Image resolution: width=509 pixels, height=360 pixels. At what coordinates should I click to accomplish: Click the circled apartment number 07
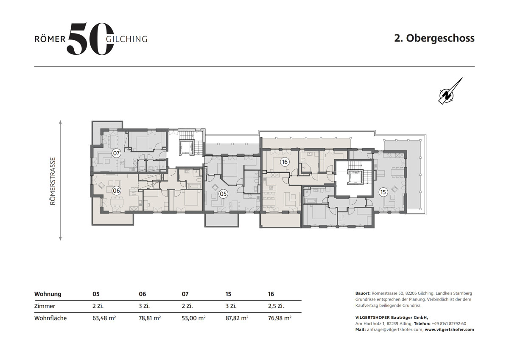[x=116, y=153]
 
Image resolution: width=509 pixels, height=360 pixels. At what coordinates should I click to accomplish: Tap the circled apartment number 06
[x=116, y=191]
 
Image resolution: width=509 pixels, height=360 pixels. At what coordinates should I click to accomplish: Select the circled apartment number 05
[x=224, y=194]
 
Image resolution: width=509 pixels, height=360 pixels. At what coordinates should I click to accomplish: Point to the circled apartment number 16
[x=285, y=162]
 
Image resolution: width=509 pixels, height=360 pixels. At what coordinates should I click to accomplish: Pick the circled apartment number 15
[x=383, y=192]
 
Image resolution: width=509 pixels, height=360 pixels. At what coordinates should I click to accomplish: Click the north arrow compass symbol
[x=450, y=91]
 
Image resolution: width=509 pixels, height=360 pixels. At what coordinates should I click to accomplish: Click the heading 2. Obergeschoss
[x=434, y=38]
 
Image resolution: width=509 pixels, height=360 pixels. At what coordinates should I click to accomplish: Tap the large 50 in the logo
[x=90, y=39]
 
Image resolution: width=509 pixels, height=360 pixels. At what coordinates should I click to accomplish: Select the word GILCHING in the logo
[x=127, y=39]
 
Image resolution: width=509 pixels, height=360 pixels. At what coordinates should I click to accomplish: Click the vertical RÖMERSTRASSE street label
[x=53, y=181]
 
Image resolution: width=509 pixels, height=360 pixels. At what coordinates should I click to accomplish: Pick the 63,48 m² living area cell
[x=104, y=318]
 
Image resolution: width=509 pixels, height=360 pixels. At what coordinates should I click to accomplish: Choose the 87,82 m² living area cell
[x=237, y=318]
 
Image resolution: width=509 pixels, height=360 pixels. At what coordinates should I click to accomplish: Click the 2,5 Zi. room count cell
[x=276, y=306]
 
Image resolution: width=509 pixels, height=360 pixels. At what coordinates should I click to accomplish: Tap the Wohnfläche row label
[x=50, y=318]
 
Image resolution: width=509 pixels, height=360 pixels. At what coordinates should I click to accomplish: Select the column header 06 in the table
[x=143, y=294]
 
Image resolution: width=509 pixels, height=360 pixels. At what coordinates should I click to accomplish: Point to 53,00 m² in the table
[x=193, y=318]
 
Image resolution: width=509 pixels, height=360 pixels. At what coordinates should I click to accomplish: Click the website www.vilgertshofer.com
[x=450, y=329]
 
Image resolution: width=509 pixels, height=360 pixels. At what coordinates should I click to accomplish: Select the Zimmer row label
[x=45, y=306]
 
